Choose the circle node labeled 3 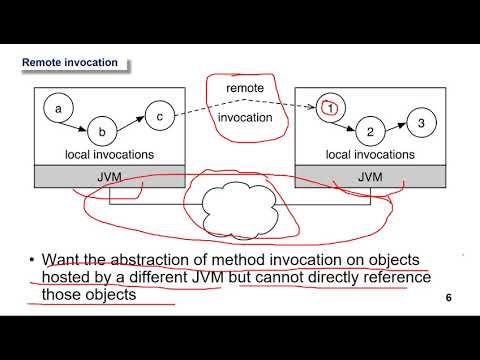422,123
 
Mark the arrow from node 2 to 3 396,127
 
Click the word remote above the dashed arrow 245,89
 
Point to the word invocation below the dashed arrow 246,118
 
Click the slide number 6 449,298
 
